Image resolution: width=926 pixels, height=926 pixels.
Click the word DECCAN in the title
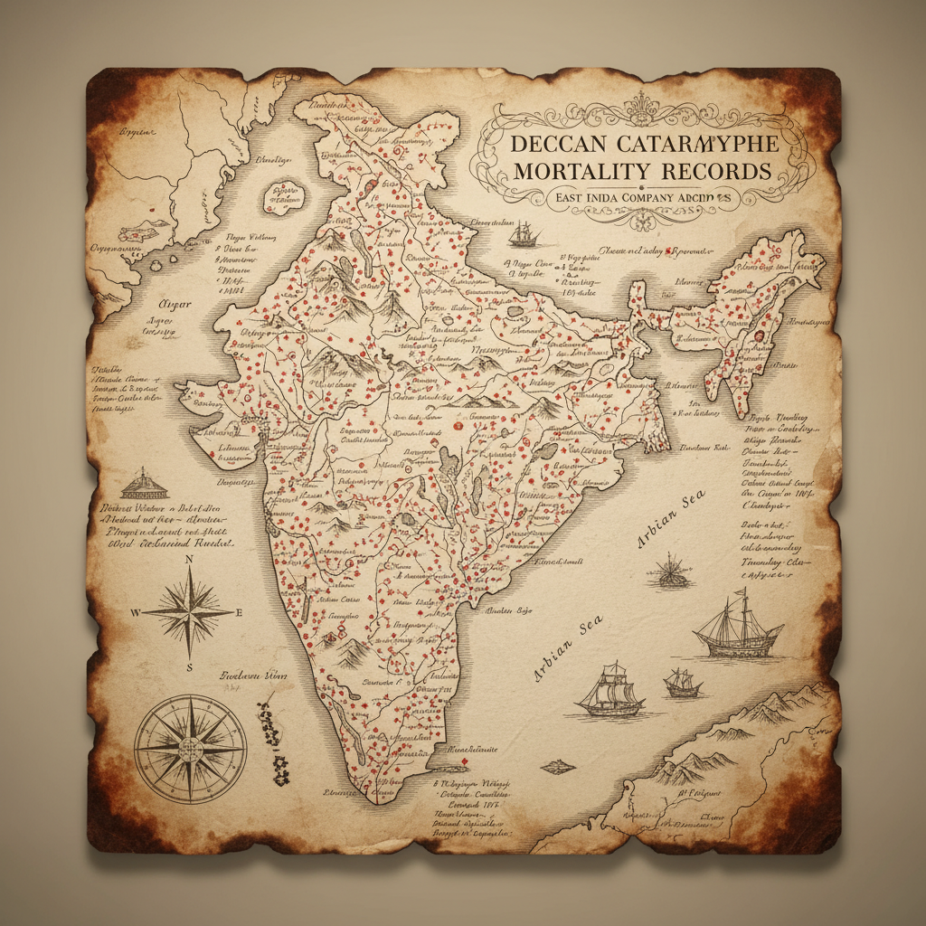[x=557, y=144]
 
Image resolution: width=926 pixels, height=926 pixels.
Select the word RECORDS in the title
[x=716, y=171]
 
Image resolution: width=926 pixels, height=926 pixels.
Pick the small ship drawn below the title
[x=524, y=234]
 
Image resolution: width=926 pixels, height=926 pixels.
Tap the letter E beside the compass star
[x=240, y=612]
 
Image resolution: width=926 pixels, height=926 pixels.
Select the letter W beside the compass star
[x=137, y=612]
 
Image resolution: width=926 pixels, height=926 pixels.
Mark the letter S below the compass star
[x=189, y=667]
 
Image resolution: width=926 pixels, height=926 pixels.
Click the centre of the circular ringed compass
[x=190, y=750]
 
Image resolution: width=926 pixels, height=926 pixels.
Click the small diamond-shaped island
[x=560, y=765]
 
